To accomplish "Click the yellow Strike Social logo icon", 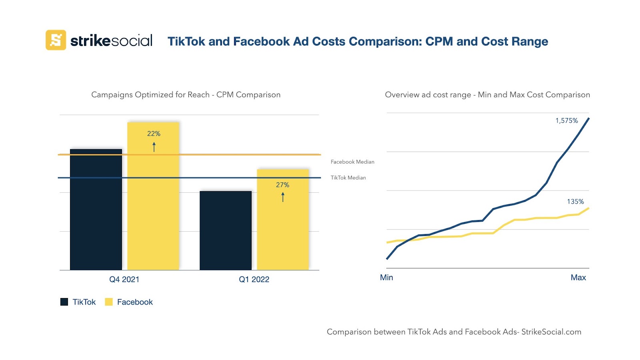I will click(56, 40).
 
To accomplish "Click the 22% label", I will click(154, 134).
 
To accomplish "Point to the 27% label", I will click(282, 185).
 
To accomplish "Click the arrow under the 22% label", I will click(154, 147).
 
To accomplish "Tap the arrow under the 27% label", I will click(283, 197).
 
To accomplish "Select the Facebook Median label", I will click(352, 162).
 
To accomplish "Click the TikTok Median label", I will click(348, 178).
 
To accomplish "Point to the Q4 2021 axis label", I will click(124, 280).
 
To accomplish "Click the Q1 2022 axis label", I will click(254, 280).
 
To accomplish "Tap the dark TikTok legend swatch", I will click(64, 302).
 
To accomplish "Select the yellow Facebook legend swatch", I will click(109, 302).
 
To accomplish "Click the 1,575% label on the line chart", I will click(566, 121).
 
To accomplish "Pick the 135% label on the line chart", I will click(575, 202).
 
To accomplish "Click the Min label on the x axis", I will click(386, 278).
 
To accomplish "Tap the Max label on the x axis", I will click(578, 278).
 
